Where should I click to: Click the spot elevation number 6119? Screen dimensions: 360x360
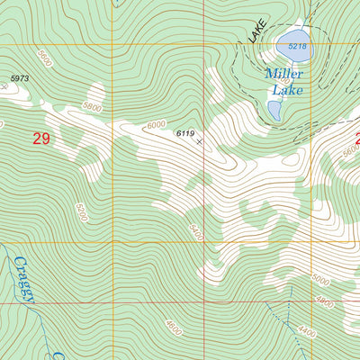(x=185, y=133)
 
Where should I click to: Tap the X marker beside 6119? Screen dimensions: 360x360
(x=199, y=141)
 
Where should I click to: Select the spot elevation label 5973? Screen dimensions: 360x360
(x=21, y=78)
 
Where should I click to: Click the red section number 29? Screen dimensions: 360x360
(x=40, y=139)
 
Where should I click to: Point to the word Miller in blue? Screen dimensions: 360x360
(x=284, y=74)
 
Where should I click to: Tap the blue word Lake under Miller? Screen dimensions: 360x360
(x=288, y=89)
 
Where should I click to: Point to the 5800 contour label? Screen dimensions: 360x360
(x=92, y=106)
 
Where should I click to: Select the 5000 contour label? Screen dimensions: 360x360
(x=320, y=280)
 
